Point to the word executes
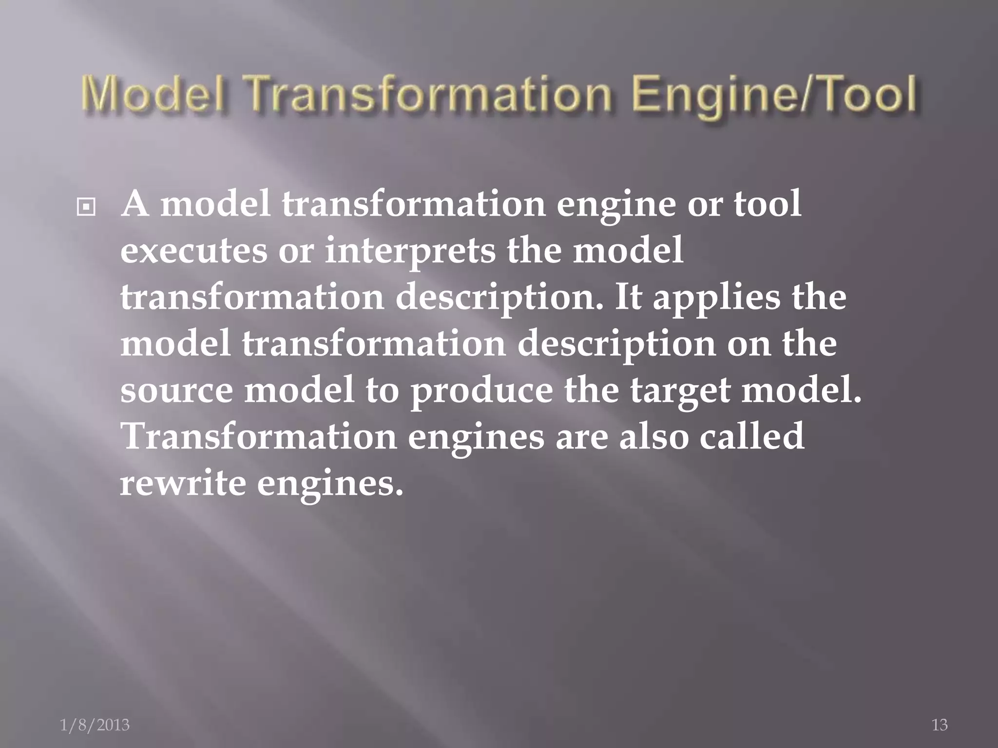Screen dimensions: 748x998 (x=193, y=251)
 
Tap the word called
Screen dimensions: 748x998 (x=751, y=436)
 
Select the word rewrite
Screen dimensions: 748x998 (x=183, y=483)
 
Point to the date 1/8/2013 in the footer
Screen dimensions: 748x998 (x=95, y=725)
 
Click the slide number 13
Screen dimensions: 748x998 (x=940, y=725)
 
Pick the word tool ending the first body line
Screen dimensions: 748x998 (x=767, y=204)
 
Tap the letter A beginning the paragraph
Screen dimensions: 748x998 (x=135, y=205)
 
